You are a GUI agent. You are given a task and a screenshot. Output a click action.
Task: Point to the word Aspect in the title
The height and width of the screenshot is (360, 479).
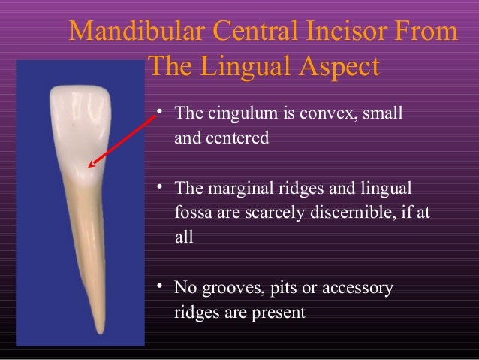(337, 68)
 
